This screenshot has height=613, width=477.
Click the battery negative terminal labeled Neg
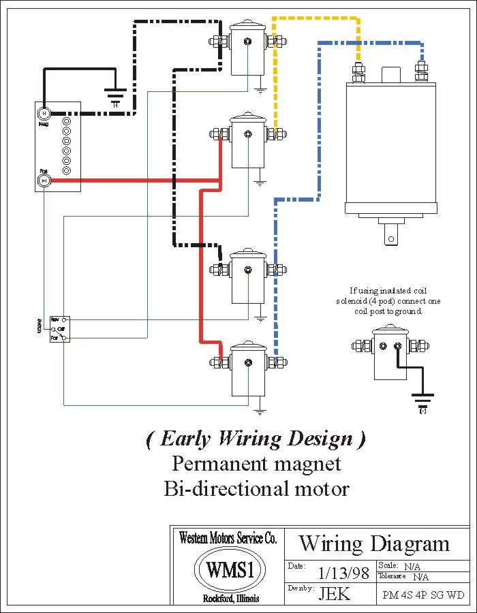point(43,112)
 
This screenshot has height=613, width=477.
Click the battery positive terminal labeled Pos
point(43,180)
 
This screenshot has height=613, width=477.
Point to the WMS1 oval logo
point(226,569)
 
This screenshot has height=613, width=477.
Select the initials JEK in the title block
point(335,593)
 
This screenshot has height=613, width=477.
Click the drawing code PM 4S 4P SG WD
point(423,595)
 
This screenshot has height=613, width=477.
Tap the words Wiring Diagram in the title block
point(374,544)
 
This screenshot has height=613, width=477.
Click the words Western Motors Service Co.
point(228,538)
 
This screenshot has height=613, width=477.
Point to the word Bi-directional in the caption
point(220,488)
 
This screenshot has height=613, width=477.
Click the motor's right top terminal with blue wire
point(420,70)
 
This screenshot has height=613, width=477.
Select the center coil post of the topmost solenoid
point(248,42)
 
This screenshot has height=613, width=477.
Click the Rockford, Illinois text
point(230,599)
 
